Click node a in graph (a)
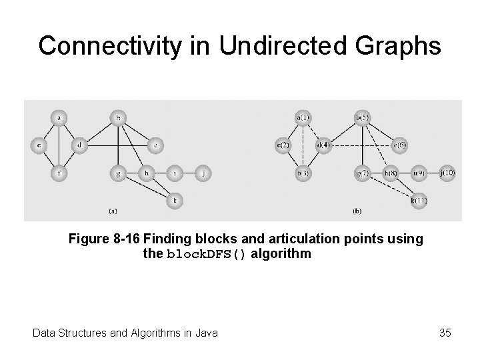59,119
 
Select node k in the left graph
175,199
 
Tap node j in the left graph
203,173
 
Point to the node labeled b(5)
362,119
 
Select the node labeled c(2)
283,145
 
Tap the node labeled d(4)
323,145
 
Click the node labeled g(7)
362,173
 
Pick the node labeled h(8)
391,173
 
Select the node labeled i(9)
419,173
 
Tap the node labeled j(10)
447,173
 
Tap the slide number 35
445,331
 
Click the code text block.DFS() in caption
208,254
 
